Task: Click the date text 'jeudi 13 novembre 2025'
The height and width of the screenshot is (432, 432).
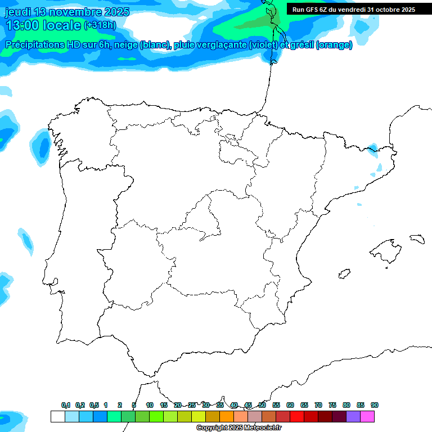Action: coord(67,12)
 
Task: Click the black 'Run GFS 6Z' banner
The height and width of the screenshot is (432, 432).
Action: coord(353,9)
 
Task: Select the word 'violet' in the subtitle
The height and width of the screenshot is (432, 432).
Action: coord(267,45)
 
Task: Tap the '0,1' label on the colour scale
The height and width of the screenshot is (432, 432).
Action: coord(66,405)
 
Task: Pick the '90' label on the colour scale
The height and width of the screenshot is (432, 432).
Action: coord(375,405)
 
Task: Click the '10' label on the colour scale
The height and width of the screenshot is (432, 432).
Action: coord(150,405)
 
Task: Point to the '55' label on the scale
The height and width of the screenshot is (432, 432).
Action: coord(276,405)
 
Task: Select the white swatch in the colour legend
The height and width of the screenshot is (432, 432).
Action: coord(57,416)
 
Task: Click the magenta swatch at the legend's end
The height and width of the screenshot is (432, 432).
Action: coord(367,416)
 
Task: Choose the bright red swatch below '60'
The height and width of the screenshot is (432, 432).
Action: coord(297,416)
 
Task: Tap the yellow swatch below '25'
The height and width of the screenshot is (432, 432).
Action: coord(199,416)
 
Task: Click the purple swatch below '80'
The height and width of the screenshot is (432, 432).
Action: coord(353,416)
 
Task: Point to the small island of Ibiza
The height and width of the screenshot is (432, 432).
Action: coord(343,274)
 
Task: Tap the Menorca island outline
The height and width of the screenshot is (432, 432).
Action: coord(417,239)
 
